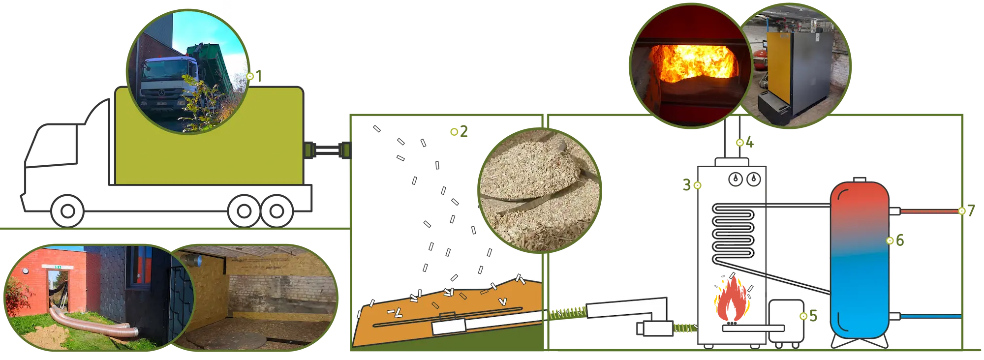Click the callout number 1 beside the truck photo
[x=259, y=76]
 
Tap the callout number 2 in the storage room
[x=464, y=131]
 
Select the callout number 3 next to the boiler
[x=687, y=185]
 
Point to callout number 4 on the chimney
[x=749, y=143]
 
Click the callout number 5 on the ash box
[x=813, y=316]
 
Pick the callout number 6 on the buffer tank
[x=900, y=240]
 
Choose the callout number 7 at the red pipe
[x=971, y=211]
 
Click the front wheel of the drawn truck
[x=67, y=211]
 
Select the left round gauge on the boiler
[x=736, y=179]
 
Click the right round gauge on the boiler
[x=754, y=179]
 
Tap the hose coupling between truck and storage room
[x=328, y=150]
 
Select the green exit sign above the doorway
[x=58, y=267]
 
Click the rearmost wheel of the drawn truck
[x=277, y=211]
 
